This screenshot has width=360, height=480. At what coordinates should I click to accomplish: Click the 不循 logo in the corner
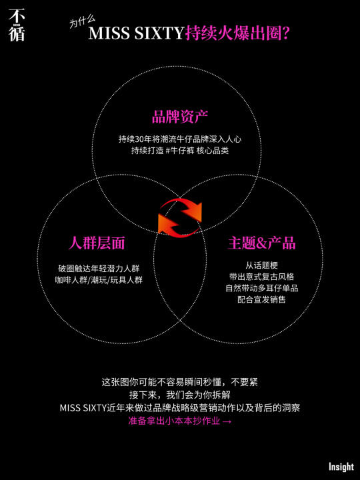point(17,25)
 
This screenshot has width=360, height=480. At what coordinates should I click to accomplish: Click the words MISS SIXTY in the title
point(136,33)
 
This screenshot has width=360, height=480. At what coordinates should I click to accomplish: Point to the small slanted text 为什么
point(82,22)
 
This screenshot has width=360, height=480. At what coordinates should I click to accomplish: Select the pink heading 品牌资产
point(180,116)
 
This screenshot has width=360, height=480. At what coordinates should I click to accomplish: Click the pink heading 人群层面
point(97,243)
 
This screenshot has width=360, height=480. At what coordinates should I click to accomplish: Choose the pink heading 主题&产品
point(262,243)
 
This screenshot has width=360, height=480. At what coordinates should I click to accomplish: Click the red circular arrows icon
point(180,217)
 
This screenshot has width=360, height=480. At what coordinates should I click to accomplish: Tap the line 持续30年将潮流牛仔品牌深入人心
point(180,139)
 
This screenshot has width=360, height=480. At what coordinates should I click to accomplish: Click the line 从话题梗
point(262,265)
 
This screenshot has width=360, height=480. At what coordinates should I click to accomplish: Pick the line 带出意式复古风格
point(262,277)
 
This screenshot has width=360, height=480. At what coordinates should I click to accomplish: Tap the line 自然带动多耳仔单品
point(262,288)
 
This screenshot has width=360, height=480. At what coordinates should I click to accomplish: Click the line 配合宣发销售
point(262,299)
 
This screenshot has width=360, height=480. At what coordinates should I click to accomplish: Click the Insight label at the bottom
point(341,467)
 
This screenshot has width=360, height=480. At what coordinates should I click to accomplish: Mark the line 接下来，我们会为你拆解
point(180,395)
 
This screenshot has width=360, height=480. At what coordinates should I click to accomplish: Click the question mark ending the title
point(285,34)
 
